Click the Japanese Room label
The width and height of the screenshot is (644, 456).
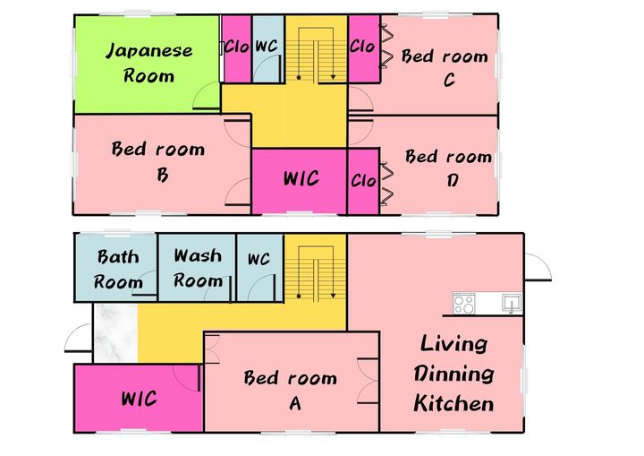click(x=149, y=63)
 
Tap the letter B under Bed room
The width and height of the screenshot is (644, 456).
click(x=162, y=175)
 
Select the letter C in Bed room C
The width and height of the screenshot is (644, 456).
click(x=449, y=80)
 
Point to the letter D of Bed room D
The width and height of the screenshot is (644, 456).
click(x=453, y=180)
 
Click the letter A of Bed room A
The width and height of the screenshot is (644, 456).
click(x=295, y=403)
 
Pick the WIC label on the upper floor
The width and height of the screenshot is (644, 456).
click(x=301, y=178)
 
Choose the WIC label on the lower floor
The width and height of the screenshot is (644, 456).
click(x=139, y=399)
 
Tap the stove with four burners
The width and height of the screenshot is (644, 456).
click(x=464, y=304)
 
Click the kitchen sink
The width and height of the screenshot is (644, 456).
click(x=512, y=303)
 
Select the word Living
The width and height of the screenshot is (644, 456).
click(x=453, y=344)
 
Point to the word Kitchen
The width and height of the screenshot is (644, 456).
click(x=453, y=403)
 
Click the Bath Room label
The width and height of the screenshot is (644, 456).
click(x=118, y=269)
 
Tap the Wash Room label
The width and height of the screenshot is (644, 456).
click(x=198, y=268)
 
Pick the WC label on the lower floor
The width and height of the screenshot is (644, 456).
click(x=258, y=259)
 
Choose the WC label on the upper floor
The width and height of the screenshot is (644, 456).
click(x=267, y=46)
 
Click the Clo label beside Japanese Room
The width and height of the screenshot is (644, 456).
click(x=236, y=47)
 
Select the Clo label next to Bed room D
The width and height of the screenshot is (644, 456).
click(x=363, y=180)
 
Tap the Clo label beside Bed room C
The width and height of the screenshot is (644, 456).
click(x=362, y=46)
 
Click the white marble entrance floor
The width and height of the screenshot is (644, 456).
click(x=115, y=333)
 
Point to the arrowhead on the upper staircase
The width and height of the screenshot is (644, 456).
click(x=333, y=77)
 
